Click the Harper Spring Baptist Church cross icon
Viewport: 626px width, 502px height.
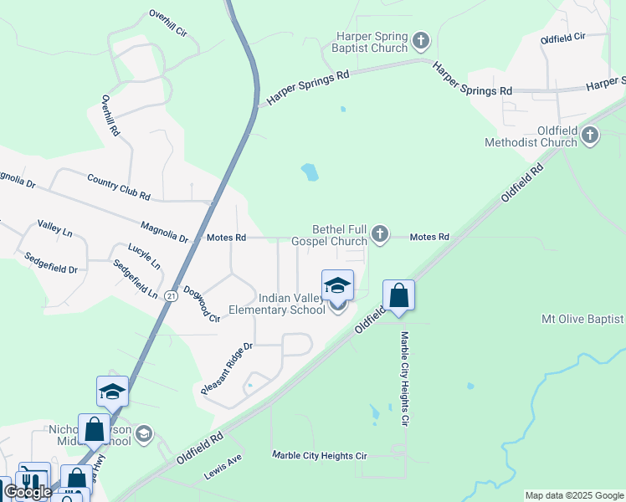(421, 39)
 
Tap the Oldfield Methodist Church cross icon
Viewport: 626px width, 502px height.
(590, 135)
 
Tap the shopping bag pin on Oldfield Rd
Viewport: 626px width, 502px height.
(399, 296)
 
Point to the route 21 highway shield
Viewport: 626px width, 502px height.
(171, 295)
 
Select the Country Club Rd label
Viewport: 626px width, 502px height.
(118, 185)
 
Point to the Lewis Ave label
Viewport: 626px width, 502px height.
(223, 468)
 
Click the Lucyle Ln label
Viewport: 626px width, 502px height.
(144, 256)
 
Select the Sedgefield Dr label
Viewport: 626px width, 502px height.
(49, 264)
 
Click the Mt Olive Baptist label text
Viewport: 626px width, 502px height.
(582, 319)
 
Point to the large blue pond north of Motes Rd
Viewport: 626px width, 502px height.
(310, 172)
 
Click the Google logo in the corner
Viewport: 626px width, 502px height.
(28, 492)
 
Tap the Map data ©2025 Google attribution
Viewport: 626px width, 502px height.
(574, 495)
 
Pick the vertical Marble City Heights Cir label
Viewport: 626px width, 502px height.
(404, 379)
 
